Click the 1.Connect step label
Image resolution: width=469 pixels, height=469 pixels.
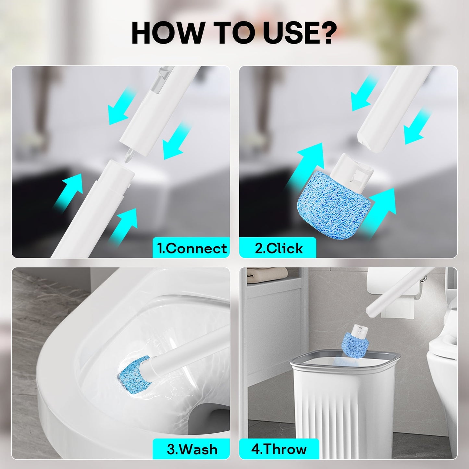tap(191, 248)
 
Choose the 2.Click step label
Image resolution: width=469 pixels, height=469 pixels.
tap(278, 248)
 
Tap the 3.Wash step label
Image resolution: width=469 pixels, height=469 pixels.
tap(191, 449)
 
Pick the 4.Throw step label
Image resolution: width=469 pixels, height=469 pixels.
tap(279, 449)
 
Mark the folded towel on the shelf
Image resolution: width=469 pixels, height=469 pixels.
tap(267, 275)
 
